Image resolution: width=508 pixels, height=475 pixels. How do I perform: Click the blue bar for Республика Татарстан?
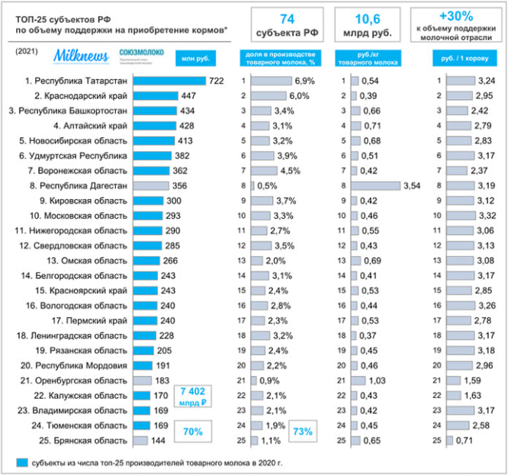169,81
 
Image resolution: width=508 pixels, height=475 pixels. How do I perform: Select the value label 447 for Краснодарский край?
189,96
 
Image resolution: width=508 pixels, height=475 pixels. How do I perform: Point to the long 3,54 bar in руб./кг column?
375,185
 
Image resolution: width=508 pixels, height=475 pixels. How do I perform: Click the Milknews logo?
82,56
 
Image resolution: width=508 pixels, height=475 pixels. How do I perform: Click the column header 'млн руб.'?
191,58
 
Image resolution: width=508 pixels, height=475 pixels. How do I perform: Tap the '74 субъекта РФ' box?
287,25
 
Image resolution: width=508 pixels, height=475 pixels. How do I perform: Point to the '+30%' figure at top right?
455,15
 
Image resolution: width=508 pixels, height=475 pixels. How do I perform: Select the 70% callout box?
192,432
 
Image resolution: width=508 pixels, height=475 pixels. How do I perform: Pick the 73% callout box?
304,432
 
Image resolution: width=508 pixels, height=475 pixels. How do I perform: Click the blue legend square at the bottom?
22,463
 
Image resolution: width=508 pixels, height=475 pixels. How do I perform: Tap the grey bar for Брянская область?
140,441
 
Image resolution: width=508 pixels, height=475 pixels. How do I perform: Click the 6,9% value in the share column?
304,81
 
